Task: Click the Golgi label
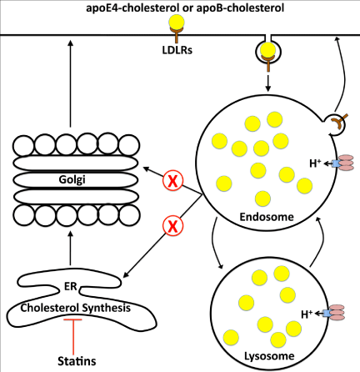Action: click(x=72, y=179)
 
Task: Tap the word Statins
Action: click(x=77, y=361)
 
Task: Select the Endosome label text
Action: click(x=267, y=217)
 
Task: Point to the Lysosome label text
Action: click(x=269, y=356)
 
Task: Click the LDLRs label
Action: click(x=177, y=50)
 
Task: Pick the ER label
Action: click(x=70, y=286)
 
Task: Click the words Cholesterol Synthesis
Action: click(x=76, y=308)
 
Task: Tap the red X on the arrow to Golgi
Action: click(x=172, y=181)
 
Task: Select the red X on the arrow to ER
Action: click(x=172, y=226)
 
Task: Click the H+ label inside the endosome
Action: click(x=315, y=163)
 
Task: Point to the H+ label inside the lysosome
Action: click(x=307, y=314)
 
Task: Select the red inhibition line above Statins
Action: click(x=73, y=336)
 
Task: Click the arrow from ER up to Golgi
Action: click(x=70, y=249)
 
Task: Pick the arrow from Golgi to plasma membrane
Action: click(x=70, y=83)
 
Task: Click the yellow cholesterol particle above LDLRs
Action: click(x=177, y=22)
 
